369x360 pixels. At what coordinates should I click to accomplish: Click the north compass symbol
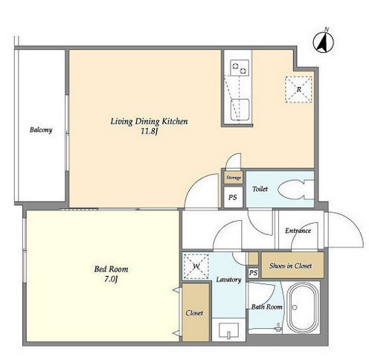coord(323,42)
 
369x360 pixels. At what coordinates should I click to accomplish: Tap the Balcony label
coord(41,130)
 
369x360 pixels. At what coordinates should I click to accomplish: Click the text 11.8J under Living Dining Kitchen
coord(149,131)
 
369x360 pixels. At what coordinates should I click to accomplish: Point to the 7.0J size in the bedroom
coord(111,279)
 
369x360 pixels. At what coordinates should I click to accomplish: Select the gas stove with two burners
coord(240,68)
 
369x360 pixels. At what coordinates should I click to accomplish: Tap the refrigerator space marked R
coord(298,89)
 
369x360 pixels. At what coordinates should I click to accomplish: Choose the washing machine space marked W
coord(196,266)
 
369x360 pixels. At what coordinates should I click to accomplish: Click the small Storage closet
coord(234,178)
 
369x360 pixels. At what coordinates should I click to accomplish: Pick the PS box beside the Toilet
coord(233,197)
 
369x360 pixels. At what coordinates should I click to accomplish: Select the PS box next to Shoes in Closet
coord(253,273)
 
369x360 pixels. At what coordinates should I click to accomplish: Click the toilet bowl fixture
coord(295,190)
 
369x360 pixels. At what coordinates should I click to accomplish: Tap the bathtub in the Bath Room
coord(302,307)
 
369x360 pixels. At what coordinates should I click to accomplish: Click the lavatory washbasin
coord(229,330)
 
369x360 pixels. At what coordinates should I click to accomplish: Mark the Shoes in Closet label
coord(290,266)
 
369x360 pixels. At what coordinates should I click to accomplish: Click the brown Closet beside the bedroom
coord(196,312)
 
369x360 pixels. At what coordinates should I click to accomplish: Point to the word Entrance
coord(298,231)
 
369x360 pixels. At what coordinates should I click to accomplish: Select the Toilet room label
coord(260,189)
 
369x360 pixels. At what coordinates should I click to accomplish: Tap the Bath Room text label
coord(267,307)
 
